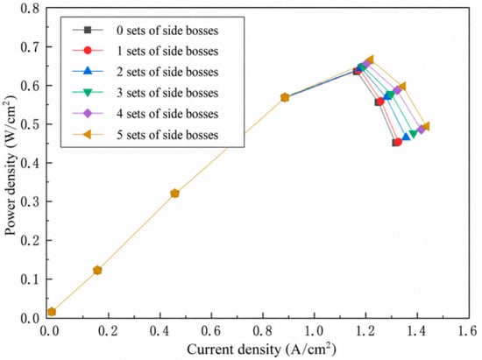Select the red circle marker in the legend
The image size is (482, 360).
[x=88, y=51]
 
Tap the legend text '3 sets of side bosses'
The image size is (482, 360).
[x=167, y=93]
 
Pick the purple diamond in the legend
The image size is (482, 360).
[x=88, y=114]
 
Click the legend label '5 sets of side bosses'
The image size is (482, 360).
[x=167, y=135]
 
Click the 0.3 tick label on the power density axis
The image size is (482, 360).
[x=31, y=201]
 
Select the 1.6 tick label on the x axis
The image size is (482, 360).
[x=468, y=331]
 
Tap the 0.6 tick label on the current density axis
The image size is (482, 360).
[x=211, y=331]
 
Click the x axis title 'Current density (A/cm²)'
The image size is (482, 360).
[x=262, y=349]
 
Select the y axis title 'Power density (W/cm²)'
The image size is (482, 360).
[x=11, y=166]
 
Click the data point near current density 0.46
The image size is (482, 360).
[x=174, y=194]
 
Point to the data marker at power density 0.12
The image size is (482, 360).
[x=97, y=271]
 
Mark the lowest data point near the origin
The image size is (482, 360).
[x=52, y=312]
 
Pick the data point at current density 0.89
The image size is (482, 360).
[x=285, y=98]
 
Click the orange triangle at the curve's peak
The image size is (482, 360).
[x=370, y=60]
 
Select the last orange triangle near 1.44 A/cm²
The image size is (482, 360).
[x=426, y=126]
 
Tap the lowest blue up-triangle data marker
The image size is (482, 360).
[x=406, y=137]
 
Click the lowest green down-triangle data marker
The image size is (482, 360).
[x=414, y=134]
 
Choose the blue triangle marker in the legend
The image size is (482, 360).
[x=88, y=71]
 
